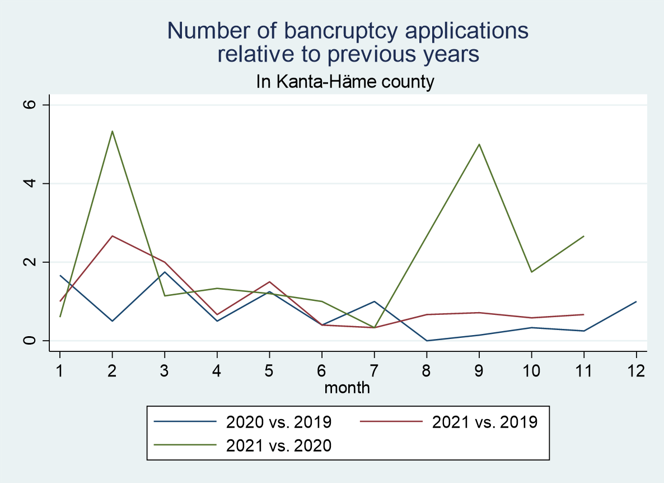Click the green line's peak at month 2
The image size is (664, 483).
tap(113, 131)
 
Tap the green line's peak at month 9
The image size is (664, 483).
tap(479, 145)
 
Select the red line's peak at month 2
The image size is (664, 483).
tap(113, 236)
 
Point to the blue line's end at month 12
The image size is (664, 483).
tap(636, 301)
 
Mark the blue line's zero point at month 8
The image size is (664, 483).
tap(427, 341)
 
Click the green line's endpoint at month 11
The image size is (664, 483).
tap(584, 236)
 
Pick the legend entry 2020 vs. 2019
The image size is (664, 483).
tap(279, 421)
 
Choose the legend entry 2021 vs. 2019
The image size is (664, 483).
tap(485, 421)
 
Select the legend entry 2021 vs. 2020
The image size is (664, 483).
tap(279, 445)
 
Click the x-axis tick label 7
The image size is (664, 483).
tap(374, 370)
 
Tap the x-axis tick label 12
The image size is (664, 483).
tap(636, 370)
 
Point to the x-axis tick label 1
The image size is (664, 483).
tap(60, 370)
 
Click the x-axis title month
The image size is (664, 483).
tap(347, 387)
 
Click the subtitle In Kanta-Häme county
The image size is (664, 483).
tap(345, 82)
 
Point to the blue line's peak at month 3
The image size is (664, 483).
tap(165, 272)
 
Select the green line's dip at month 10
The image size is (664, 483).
tap(531, 272)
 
